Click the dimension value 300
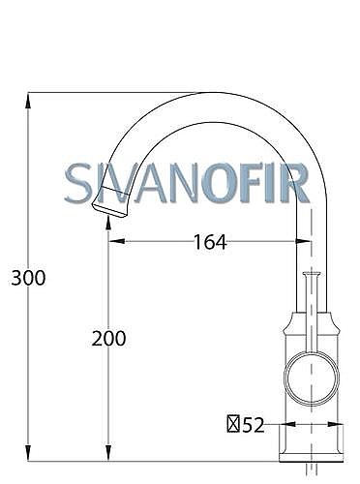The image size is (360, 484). [28, 278]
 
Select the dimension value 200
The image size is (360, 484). [108, 339]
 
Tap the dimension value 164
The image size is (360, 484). [210, 242]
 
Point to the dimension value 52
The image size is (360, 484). [254, 425]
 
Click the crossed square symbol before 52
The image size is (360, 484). [233, 424]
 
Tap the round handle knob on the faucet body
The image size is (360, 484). [312, 378]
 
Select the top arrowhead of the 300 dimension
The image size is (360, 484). [28, 100]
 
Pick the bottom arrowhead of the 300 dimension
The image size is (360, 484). [28, 453]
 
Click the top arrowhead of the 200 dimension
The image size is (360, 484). [108, 223]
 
